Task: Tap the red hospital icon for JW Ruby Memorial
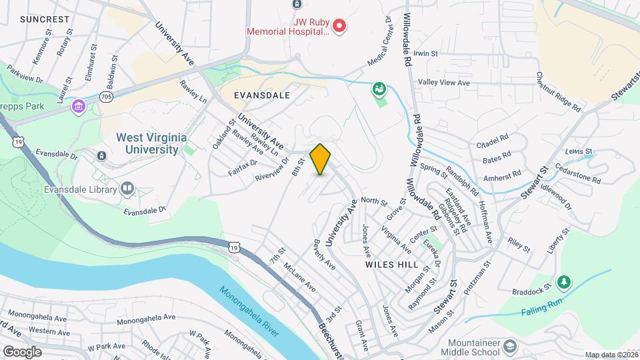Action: [x=339, y=27]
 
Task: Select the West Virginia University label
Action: [x=148, y=143]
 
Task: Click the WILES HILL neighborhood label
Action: [x=390, y=264]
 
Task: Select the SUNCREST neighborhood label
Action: [x=45, y=19]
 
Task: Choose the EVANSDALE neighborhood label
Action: [x=262, y=95]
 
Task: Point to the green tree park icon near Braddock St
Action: [x=564, y=282]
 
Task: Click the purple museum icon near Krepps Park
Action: [x=79, y=107]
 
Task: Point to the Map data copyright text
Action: [x=611, y=355]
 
